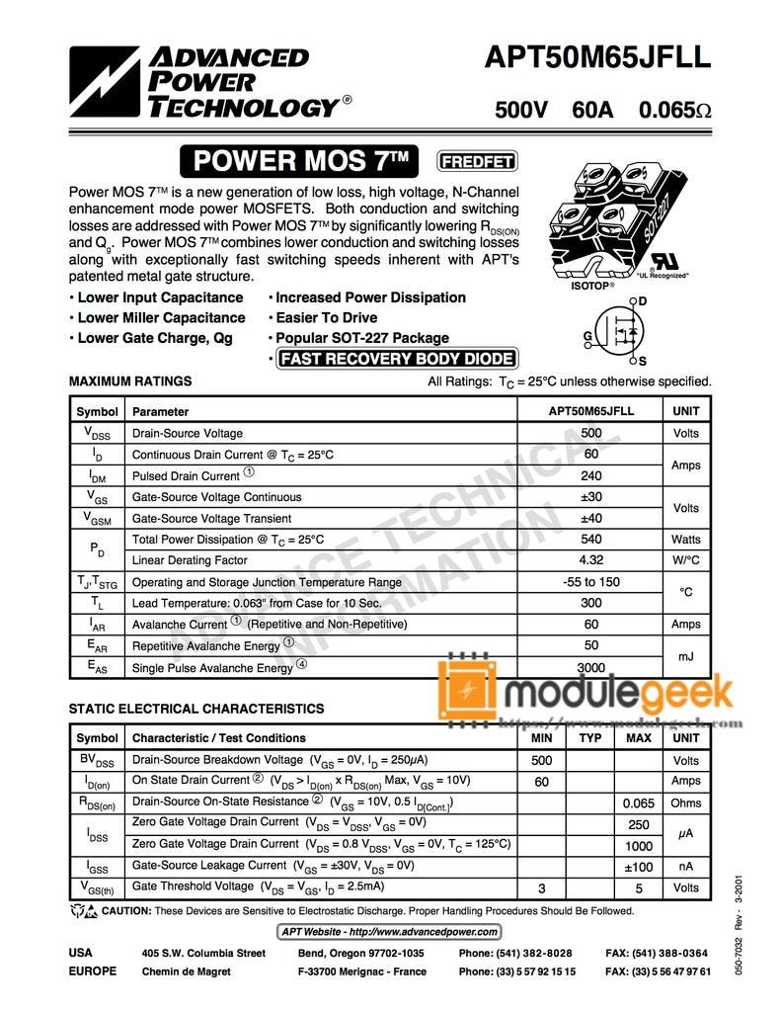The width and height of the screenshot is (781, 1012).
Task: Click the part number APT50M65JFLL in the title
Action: [597, 58]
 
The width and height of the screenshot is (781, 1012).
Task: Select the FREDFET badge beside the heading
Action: [477, 161]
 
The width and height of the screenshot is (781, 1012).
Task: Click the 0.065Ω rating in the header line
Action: [674, 110]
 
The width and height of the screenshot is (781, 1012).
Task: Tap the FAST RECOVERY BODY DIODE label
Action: [397, 359]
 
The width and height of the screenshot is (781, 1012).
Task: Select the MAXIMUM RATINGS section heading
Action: [130, 381]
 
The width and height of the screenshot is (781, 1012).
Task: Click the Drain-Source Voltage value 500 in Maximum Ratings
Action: [591, 433]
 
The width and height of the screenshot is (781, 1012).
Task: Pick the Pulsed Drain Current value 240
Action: [591, 475]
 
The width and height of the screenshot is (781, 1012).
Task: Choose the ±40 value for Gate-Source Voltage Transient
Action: [591, 518]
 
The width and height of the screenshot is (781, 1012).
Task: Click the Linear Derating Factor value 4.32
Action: [591, 560]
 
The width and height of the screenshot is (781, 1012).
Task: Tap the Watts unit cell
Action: [685, 540]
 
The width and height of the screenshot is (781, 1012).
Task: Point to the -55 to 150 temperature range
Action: [591, 582]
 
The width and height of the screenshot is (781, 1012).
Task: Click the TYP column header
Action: [590, 738]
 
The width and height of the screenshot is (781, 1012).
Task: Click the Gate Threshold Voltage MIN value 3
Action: [541, 888]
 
